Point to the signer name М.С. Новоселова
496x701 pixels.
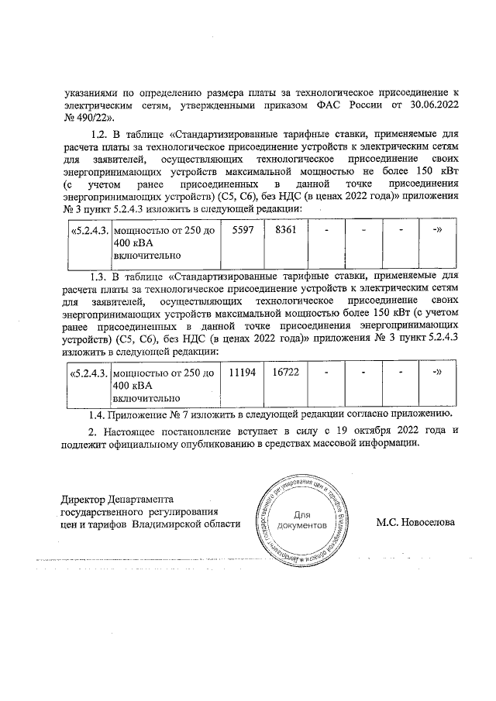(416, 523)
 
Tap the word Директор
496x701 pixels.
(84, 498)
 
